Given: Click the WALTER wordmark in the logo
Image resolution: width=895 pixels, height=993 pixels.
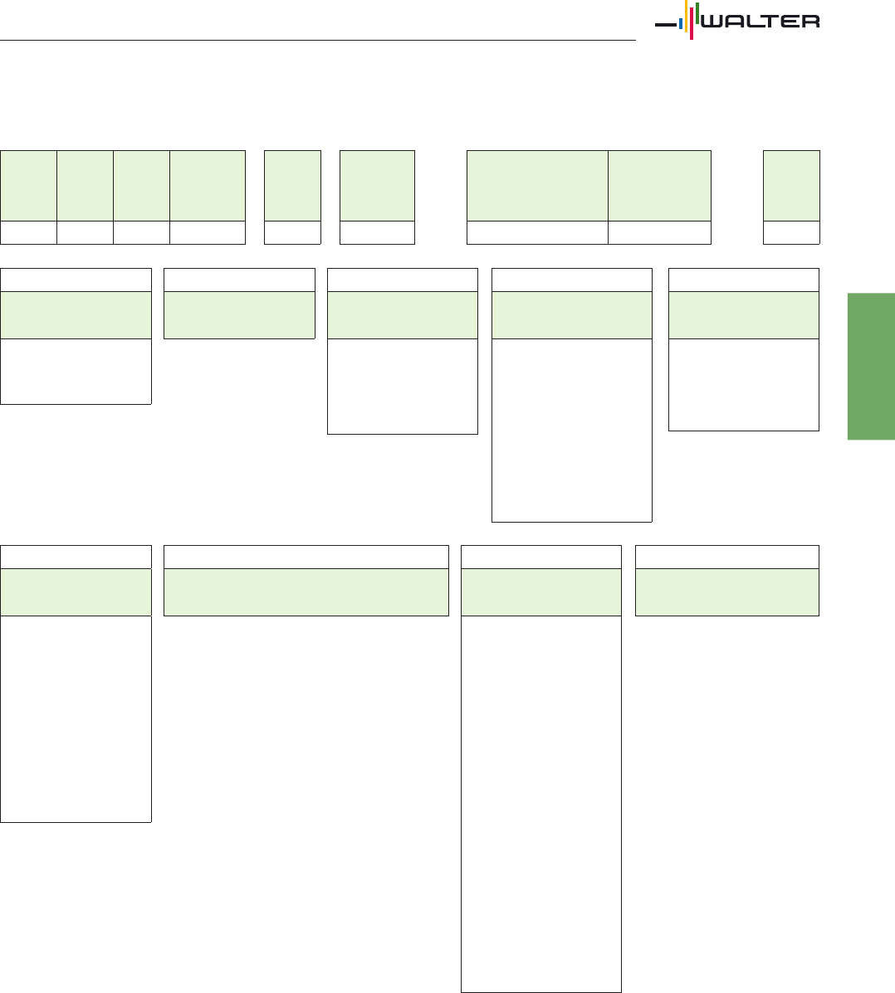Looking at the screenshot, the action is [x=761, y=21].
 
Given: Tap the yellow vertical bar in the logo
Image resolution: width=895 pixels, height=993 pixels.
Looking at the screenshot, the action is [x=686, y=16].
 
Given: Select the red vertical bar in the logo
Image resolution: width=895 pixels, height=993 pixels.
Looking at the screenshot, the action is [x=692, y=23].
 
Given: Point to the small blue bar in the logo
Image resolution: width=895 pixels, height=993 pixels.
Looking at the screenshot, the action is [x=681, y=24].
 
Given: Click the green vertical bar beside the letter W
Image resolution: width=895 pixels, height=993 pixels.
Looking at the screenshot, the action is [x=697, y=13].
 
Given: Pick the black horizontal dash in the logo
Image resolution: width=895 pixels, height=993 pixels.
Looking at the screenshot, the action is [x=666, y=25].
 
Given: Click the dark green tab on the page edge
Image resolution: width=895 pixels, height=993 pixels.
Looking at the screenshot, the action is [x=871, y=366].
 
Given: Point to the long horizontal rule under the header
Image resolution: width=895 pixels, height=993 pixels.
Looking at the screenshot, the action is [x=317, y=41].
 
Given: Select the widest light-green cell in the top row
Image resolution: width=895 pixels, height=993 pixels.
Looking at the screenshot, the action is [x=537, y=186].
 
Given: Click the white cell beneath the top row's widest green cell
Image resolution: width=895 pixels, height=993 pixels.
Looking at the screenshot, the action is [x=537, y=232].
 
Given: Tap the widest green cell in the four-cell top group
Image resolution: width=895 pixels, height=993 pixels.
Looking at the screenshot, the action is [x=208, y=186].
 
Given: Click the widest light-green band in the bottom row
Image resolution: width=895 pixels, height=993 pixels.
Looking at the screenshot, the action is [x=306, y=592].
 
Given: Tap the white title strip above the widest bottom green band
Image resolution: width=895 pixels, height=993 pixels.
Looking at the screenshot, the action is [x=306, y=557].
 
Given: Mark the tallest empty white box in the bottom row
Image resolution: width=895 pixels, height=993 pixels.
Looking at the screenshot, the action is [x=541, y=804].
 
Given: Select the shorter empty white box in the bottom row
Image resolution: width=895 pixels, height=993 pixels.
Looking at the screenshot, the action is [x=76, y=718].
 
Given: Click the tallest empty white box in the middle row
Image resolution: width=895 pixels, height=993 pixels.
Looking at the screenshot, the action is [x=572, y=431].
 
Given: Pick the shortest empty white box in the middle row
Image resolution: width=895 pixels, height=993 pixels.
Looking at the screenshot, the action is [x=76, y=371].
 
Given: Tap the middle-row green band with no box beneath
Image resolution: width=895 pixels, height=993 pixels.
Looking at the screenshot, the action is [x=240, y=314].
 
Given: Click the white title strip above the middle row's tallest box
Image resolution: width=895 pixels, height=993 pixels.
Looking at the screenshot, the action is [x=572, y=280].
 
